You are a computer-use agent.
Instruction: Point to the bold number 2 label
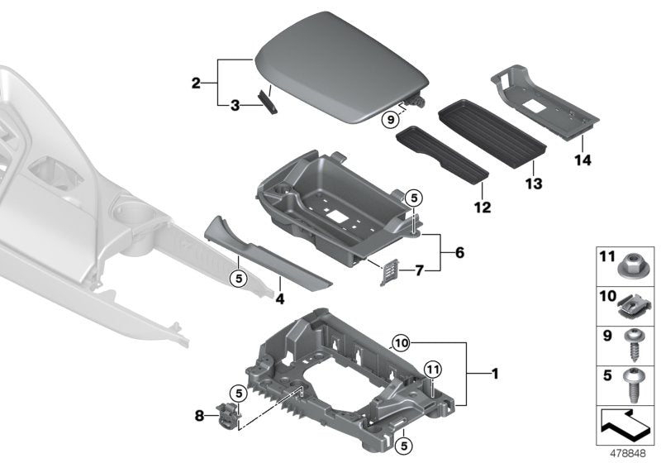pos(196,83)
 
